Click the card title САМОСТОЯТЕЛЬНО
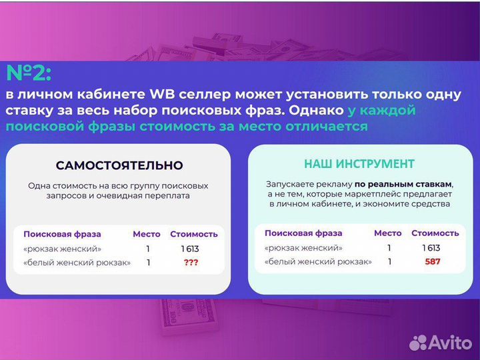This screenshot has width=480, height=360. tap(119, 165)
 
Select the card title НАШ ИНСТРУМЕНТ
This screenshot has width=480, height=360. tap(359, 163)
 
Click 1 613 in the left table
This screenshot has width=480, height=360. tap(190, 249)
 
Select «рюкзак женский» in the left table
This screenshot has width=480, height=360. tap(63, 249)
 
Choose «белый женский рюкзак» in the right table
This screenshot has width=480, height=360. tap(318, 261)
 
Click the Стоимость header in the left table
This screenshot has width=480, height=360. tap(194, 234)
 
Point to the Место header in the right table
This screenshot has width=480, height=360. tap(388, 233)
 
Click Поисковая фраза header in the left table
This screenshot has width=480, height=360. tap(62, 234)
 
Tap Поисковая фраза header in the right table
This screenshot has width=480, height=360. tap(303, 233)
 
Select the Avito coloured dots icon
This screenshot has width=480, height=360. tap(418, 343)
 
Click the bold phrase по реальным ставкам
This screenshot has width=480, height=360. tap(403, 183)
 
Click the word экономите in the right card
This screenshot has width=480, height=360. tap(397, 204)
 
